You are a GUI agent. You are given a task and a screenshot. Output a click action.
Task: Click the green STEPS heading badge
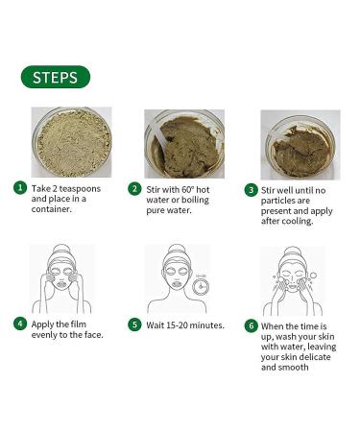[x=55, y=77]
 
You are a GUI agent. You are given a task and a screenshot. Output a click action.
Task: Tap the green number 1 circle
[x=19, y=188]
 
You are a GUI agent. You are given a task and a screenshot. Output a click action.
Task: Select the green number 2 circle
[x=135, y=188]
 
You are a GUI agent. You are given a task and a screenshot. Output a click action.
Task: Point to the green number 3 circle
[x=251, y=189]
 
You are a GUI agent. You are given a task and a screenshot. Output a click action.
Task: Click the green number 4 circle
[x=19, y=324]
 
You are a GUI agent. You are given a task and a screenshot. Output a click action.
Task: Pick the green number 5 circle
[x=135, y=324]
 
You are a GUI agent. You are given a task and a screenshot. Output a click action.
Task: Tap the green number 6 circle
[x=251, y=324]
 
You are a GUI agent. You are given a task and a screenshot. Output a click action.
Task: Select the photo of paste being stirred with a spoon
[x=184, y=142]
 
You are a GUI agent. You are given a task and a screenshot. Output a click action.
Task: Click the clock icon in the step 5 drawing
[x=200, y=285]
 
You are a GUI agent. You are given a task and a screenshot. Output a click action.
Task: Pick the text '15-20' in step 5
[x=179, y=324]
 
